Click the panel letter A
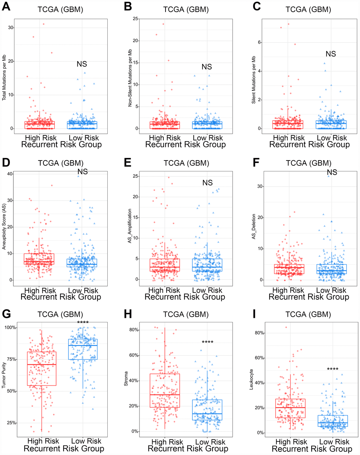6,7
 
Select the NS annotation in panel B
207,67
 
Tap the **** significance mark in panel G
83,322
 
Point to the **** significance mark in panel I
332,369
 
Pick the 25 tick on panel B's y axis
136,19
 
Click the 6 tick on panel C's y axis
259,42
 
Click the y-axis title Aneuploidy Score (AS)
4,225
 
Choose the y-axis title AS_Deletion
253,226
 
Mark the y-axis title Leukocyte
251,379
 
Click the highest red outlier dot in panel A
44,24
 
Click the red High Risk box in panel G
42,369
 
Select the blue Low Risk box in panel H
208,410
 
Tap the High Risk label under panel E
164,290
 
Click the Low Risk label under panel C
332,138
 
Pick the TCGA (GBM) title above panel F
308,163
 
